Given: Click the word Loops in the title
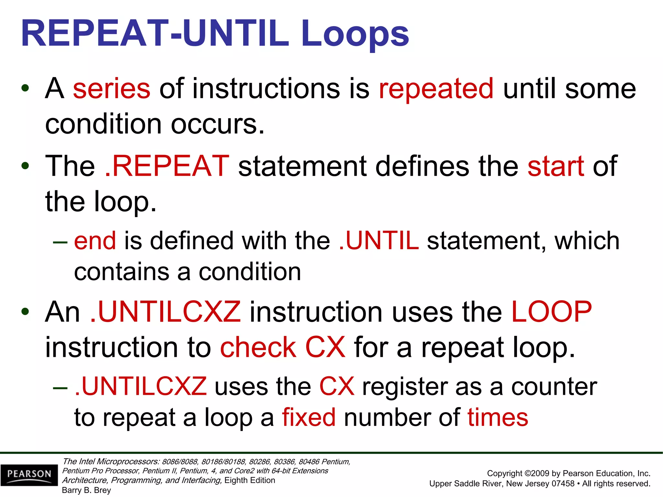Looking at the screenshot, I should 355,34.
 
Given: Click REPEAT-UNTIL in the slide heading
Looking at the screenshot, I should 155,34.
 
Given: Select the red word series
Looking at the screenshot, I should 112,89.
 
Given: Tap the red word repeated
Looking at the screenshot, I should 436,89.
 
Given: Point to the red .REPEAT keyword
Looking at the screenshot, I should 167,166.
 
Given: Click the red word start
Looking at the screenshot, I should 556,166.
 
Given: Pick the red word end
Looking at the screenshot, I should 95,241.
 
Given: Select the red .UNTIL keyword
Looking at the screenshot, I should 379,241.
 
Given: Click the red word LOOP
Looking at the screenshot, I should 551,312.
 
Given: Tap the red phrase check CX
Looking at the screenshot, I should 283,347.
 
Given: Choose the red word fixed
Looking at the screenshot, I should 309,417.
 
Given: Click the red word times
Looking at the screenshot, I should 498,417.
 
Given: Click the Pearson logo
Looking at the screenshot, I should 29,475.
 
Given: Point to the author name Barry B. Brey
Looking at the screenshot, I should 86,490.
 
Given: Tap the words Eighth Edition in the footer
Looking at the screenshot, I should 250,480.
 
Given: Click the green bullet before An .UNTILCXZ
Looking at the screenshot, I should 25,312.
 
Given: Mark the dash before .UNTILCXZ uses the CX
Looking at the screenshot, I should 60,388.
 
